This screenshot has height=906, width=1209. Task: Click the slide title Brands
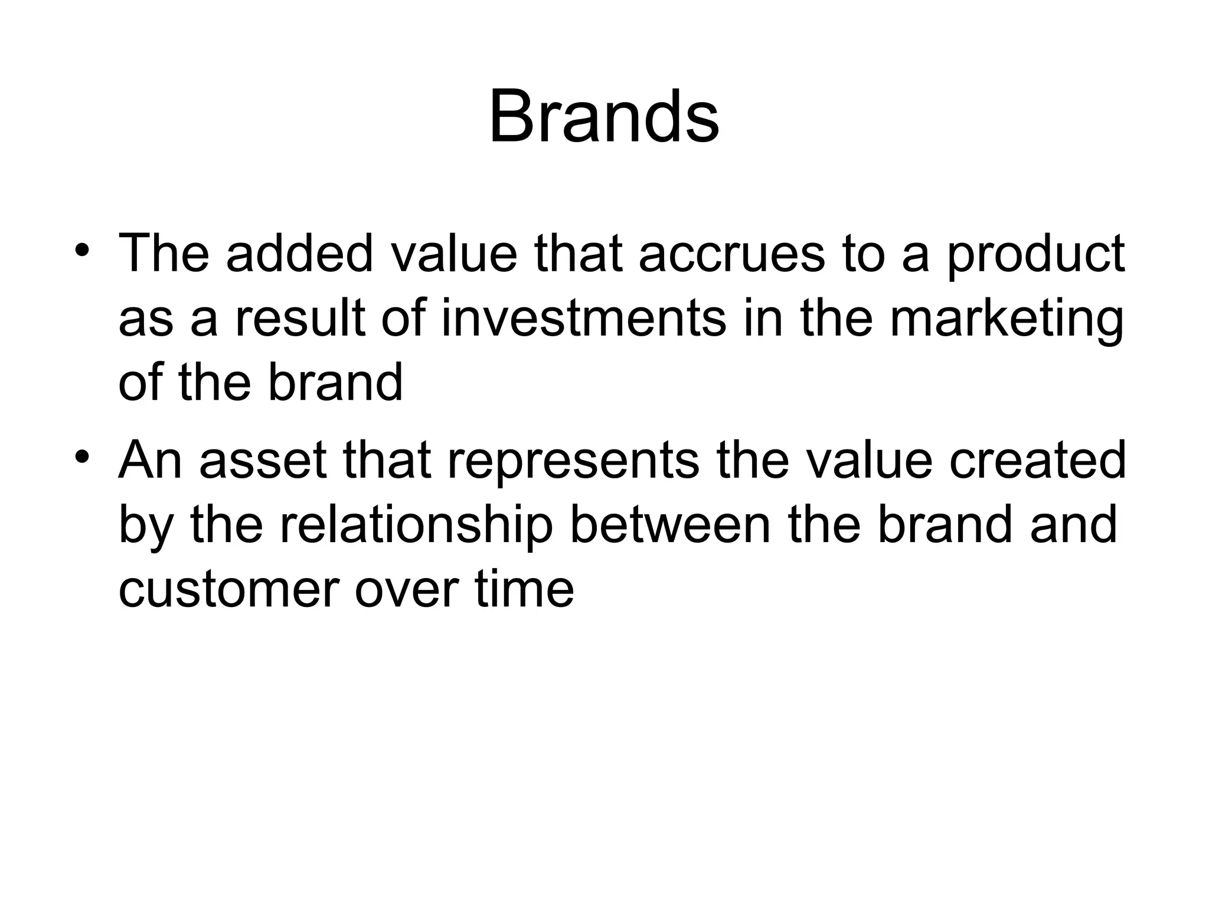603,116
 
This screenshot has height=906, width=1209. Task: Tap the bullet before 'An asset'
82,456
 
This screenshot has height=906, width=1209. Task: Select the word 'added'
299,254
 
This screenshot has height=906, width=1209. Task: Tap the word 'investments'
583,319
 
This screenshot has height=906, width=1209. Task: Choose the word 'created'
1038,460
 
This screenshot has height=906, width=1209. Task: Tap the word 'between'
669,525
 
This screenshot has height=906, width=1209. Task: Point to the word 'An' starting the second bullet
150,460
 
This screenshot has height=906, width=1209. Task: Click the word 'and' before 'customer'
1073,525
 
